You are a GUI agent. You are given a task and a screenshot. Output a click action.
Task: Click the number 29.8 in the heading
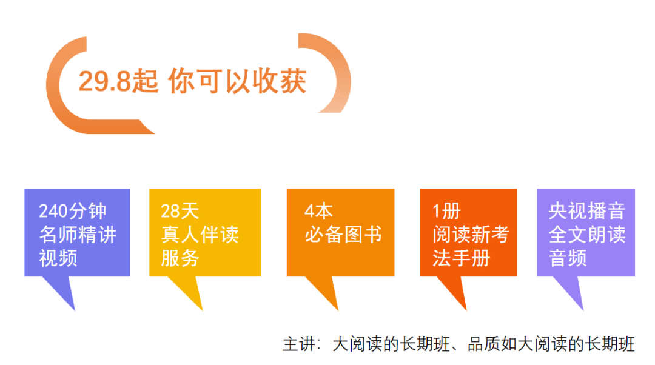coord(105,81)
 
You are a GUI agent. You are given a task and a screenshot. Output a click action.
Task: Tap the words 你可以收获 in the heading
coord(237,81)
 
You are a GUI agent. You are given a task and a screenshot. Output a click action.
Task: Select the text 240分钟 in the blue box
coord(73,211)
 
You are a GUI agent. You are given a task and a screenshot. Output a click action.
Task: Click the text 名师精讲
coord(78,234)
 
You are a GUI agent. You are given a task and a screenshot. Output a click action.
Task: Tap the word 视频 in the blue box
coord(58,258)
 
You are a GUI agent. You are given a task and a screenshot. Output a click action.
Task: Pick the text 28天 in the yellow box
coord(180,211)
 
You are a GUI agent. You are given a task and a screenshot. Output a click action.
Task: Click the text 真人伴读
coord(200,234)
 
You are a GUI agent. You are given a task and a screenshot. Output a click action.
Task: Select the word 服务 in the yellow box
coord(180,258)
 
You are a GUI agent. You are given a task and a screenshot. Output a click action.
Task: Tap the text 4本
coord(319,211)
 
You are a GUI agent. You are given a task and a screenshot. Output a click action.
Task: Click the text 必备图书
coord(343,234)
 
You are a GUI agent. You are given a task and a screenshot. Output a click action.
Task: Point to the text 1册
coord(446,211)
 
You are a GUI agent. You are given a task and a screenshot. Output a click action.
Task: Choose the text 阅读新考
coord(471,234)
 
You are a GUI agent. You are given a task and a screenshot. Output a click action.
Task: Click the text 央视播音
coord(587,211)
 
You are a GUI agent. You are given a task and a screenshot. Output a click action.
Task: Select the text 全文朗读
coord(587,234)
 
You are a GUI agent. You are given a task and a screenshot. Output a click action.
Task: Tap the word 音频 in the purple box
coord(568,258)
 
